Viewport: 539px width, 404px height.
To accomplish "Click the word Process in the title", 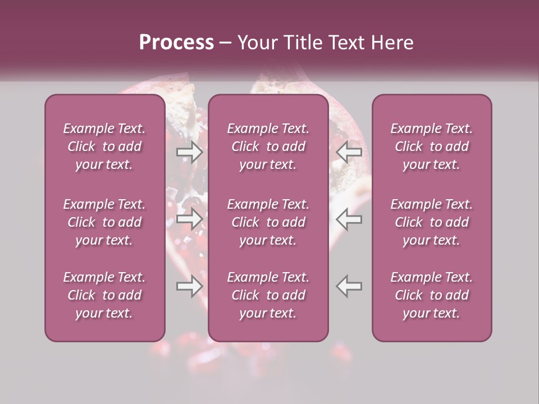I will (x=176, y=43).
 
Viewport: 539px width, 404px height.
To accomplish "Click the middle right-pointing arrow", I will (x=189, y=219).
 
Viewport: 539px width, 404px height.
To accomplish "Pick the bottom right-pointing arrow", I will (x=189, y=286).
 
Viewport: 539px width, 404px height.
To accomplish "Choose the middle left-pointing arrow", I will (x=349, y=219).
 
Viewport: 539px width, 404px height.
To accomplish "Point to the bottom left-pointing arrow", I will (x=349, y=286).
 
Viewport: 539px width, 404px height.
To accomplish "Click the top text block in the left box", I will (x=104, y=146).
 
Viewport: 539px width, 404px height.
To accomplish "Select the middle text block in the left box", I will (x=104, y=222).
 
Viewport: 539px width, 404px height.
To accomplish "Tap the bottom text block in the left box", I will (x=104, y=295).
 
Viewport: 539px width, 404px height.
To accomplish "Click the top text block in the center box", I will (x=268, y=146).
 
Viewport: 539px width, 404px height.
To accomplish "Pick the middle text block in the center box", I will (x=268, y=222).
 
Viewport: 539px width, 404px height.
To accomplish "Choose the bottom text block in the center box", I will (x=268, y=295).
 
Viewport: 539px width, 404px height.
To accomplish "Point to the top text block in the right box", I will (x=431, y=146).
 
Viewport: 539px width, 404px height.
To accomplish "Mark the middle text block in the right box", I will (x=431, y=222).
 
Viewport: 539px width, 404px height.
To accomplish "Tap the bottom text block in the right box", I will (x=431, y=295).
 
